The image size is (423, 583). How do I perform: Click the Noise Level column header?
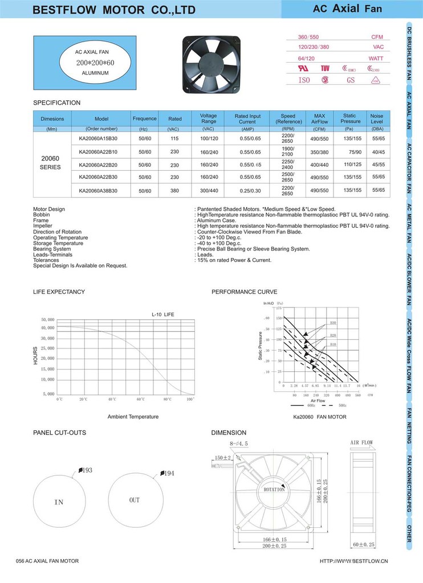click(377, 118)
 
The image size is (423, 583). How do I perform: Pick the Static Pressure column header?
click(350, 118)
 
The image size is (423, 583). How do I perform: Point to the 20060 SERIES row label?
click(50, 163)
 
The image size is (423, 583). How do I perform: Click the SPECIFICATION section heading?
click(57, 102)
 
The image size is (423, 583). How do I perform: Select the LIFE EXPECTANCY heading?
click(59, 292)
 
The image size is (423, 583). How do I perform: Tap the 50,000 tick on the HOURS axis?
click(47, 319)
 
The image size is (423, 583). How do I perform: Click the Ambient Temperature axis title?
click(133, 417)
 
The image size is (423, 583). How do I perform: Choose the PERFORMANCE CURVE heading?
click(244, 292)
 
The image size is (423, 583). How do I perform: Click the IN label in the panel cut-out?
click(59, 503)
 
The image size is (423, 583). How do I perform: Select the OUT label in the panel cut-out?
click(134, 500)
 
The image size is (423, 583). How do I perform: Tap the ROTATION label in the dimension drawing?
click(274, 490)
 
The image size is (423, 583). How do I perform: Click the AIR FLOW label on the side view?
click(361, 442)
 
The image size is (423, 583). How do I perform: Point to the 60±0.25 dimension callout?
click(364, 545)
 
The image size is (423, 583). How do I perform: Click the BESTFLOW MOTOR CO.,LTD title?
click(114, 10)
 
